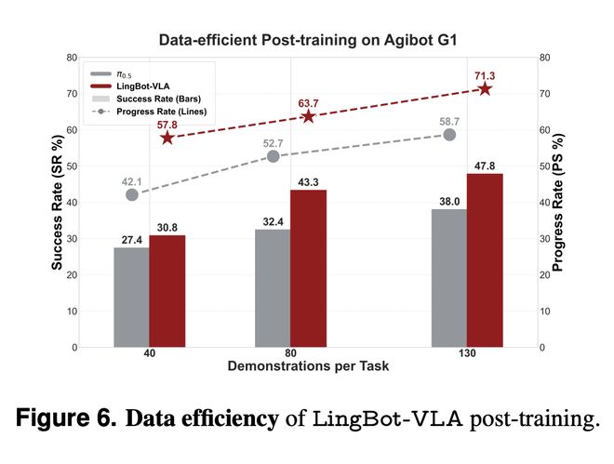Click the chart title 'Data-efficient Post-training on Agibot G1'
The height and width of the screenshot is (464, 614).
tap(307, 41)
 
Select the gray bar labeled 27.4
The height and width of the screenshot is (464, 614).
tap(131, 298)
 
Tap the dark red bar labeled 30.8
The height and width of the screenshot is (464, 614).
tap(167, 291)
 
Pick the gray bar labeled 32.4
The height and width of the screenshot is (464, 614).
tap(273, 288)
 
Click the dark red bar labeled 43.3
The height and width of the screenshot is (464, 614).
tap(309, 269)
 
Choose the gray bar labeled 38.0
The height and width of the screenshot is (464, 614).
tap(450, 278)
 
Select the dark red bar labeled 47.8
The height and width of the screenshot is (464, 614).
tap(485, 260)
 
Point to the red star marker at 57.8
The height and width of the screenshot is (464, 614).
tap(167, 138)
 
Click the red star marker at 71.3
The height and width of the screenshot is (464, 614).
tap(485, 89)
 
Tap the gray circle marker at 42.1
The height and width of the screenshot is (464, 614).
tap(132, 194)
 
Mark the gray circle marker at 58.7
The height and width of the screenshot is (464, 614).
tap(449, 135)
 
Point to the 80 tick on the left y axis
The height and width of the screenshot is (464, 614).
tap(71, 58)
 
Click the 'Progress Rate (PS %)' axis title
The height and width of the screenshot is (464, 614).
tap(558, 203)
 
